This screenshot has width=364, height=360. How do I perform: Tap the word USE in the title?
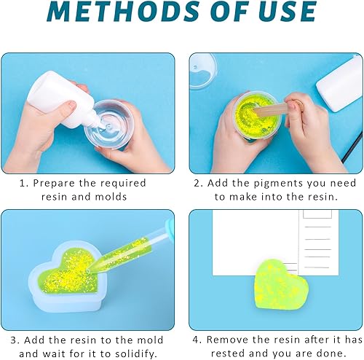(x=287, y=11)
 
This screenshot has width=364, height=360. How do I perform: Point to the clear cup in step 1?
(x=109, y=125)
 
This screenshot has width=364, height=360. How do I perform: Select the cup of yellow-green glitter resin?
(x=256, y=116)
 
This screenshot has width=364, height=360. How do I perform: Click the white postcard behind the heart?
(x=275, y=243)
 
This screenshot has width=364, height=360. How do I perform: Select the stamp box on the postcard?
(x=317, y=214)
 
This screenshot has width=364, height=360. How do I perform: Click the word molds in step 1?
(x=111, y=197)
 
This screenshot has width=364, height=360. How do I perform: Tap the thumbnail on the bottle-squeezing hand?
(x=71, y=105)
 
